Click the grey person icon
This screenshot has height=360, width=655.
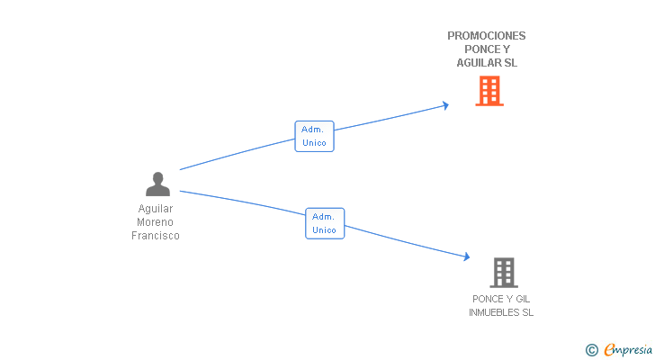[x=158, y=184]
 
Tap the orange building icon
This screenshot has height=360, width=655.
[x=489, y=91]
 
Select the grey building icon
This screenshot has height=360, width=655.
[x=504, y=273]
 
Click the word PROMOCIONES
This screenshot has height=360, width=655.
[x=486, y=36]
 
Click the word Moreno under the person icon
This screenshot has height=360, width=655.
[x=155, y=222]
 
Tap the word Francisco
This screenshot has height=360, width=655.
[x=156, y=236]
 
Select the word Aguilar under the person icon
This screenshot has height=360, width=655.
[x=156, y=209]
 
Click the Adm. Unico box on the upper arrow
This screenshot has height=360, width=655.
[x=314, y=136]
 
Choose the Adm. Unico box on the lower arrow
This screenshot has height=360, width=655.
[x=325, y=223]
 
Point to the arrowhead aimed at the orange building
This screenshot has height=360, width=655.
[x=445, y=105]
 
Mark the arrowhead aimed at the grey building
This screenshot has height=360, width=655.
[x=467, y=256]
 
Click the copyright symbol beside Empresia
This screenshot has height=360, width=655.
[x=591, y=350]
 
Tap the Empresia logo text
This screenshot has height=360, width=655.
[x=628, y=349]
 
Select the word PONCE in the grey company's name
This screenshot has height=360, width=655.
[x=486, y=299]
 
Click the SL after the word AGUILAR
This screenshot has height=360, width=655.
[x=511, y=63]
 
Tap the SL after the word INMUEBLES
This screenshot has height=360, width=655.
[x=528, y=312]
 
